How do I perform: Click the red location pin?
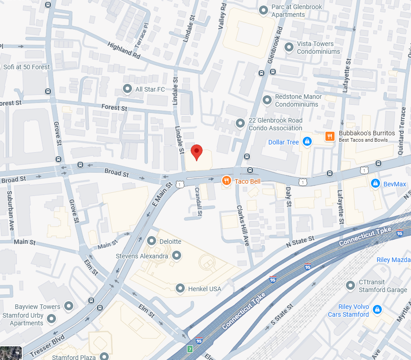[x=196, y=152]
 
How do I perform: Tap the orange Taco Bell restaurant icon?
[x=226, y=181]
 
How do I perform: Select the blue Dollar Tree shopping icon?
[x=307, y=142]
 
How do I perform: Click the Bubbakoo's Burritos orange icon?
[x=330, y=136]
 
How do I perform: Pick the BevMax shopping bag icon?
[x=375, y=183]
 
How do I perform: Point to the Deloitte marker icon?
[x=152, y=241]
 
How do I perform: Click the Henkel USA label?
[x=204, y=288]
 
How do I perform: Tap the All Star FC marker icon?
[x=127, y=89]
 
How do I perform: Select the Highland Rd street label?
[x=124, y=50]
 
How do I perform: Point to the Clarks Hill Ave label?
[x=243, y=226]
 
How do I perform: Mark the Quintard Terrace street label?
[x=401, y=125]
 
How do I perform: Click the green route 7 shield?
[x=190, y=349]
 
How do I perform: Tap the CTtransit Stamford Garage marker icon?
[x=350, y=285]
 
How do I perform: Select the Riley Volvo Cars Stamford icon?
[x=377, y=310]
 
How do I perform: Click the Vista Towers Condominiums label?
[x=318, y=47]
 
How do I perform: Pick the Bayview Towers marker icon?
[x=69, y=306]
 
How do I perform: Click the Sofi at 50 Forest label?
[x=26, y=67]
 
